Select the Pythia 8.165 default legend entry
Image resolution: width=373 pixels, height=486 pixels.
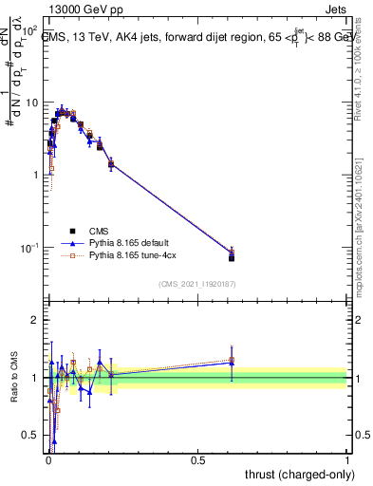click(124, 243)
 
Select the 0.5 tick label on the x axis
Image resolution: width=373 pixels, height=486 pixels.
click(197, 460)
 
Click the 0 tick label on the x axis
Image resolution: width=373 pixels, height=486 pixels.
click(48, 460)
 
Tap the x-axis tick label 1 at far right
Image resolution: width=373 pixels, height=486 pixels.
click(347, 460)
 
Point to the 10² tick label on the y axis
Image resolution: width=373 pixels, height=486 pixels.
click(28, 31)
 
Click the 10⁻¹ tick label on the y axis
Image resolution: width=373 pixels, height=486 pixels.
click(28, 248)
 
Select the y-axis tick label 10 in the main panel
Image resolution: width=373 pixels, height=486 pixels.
click(30, 103)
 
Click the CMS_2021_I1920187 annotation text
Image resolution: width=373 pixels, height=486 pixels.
click(196, 284)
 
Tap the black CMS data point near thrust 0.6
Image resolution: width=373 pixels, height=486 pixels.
click(232, 257)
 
